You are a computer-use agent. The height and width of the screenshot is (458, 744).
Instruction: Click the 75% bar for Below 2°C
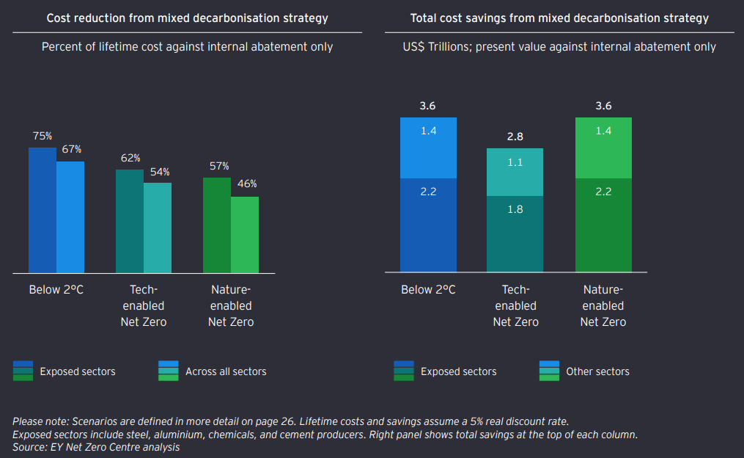(43, 209)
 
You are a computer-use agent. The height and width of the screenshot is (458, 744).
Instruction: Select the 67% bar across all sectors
(70, 217)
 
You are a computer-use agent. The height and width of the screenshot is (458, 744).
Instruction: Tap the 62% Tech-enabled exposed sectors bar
(130, 220)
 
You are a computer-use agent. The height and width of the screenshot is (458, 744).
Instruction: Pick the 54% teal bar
(158, 228)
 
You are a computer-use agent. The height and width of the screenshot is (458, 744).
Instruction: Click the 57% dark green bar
(217, 224)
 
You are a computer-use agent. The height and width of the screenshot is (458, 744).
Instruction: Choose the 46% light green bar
(245, 234)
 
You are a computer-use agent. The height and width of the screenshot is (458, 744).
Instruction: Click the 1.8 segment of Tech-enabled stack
(515, 233)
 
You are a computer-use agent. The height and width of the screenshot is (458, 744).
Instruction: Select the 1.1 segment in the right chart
(515, 172)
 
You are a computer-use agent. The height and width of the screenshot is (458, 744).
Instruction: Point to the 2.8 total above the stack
(515, 137)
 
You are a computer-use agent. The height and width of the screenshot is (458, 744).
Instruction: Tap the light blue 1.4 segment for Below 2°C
(428, 148)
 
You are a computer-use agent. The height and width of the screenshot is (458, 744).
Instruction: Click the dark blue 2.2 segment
(428, 225)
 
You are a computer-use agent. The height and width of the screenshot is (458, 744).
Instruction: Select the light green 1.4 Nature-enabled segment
(603, 148)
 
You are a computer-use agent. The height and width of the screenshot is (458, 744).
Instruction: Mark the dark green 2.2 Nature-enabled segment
(603, 225)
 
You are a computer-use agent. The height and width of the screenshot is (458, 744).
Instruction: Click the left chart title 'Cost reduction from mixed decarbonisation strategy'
(188, 18)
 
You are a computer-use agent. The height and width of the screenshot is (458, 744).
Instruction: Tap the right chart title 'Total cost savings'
(559, 18)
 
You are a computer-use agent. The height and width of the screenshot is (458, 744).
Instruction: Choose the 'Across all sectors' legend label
(226, 372)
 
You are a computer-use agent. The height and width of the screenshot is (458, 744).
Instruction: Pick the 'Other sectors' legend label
(597, 372)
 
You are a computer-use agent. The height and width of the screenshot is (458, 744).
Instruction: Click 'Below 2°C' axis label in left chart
(56, 290)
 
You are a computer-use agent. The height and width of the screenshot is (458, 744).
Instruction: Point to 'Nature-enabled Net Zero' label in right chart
(603, 305)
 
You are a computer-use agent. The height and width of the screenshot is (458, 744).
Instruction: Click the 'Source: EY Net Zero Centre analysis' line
(96, 447)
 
